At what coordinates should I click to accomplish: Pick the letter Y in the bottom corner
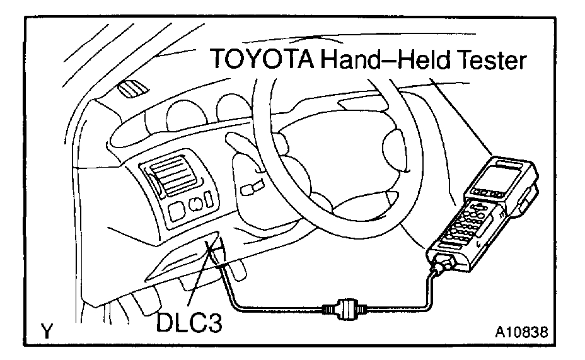pyautogui.click(x=46, y=330)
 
